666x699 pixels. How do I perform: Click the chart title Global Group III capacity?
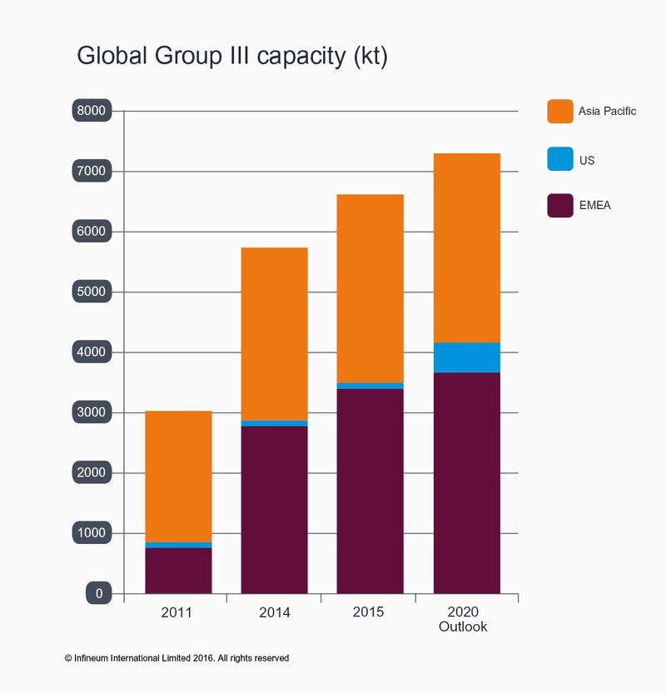(232, 56)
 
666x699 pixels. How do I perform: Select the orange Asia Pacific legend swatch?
(560, 111)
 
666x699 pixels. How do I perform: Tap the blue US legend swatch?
(560, 158)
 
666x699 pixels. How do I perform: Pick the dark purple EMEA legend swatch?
(560, 205)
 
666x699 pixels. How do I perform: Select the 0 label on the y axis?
(98, 593)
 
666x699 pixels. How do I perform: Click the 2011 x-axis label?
(176, 612)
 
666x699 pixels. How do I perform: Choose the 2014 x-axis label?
(274, 612)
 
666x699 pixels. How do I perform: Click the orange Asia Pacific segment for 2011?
(178, 476)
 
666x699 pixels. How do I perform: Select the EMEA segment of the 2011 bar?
(178, 571)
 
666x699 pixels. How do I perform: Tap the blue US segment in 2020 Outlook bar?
(466, 357)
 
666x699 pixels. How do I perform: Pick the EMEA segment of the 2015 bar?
(370, 492)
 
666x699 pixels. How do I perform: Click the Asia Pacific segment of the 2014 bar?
(274, 333)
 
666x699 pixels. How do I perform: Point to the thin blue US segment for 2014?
(274, 423)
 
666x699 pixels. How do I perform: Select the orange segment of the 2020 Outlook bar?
(466, 247)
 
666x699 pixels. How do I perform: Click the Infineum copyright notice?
(176, 658)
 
